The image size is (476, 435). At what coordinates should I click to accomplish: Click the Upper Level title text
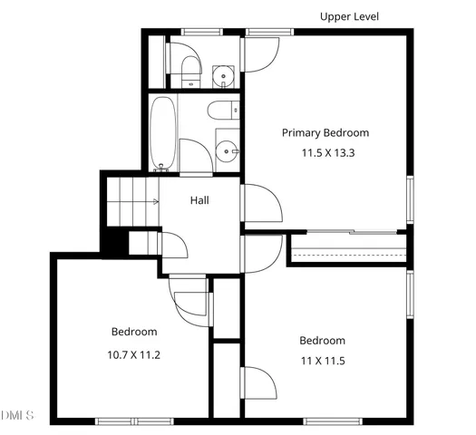349,16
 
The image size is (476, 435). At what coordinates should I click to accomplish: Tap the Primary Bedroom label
325,132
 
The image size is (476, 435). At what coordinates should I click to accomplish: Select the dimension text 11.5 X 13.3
327,152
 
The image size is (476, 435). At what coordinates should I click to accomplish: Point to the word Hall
199,200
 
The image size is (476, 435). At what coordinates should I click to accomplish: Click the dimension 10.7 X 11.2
133,354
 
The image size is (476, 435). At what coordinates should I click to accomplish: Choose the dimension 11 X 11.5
322,361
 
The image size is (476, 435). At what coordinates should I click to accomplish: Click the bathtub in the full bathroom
163,132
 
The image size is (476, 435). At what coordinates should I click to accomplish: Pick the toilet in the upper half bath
188,68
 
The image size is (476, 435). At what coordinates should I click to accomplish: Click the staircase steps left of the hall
129,201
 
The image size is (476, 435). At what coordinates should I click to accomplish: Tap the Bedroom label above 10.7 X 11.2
134,332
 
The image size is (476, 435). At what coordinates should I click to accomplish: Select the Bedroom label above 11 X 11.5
322,341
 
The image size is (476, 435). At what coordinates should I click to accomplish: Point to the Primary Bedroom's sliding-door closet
349,247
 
